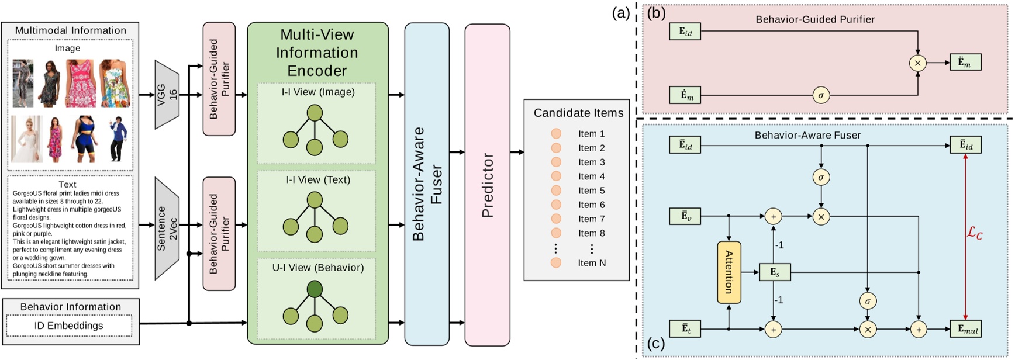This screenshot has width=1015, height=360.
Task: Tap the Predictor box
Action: tap(487, 185)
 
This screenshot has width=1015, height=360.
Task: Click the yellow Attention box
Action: tap(729, 272)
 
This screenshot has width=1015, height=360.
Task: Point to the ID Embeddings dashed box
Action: tap(69, 326)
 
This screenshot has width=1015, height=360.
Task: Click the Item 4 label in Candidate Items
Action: tap(591, 176)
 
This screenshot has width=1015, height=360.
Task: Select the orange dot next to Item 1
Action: tap(556, 134)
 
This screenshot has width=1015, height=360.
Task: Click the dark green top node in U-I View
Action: tap(315, 289)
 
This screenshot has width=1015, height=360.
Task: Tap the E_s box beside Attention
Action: tap(775, 272)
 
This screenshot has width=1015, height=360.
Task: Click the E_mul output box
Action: tap(965, 329)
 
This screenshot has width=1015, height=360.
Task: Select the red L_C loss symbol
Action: tap(974, 234)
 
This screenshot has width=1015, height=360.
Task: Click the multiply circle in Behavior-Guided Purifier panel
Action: tap(917, 63)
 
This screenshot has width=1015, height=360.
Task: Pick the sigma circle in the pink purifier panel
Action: tap(821, 95)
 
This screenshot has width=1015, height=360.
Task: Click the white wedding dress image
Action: tap(27, 139)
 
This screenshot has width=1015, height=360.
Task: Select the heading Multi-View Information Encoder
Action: tap(317, 53)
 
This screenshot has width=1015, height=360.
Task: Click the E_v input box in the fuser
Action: tap(685, 216)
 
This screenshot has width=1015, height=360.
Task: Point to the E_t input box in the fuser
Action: tap(685, 329)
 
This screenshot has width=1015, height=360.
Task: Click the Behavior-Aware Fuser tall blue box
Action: tap(427, 185)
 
